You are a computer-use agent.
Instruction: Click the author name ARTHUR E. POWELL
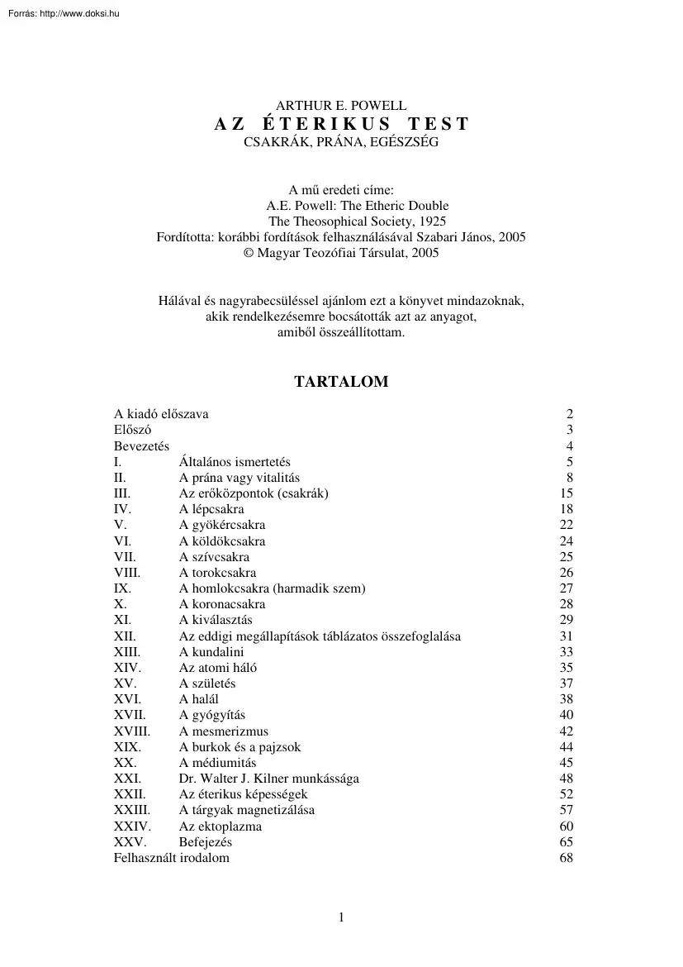tap(341, 106)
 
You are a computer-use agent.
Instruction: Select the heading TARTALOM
tap(341, 382)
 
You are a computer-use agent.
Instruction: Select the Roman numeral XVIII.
tap(132, 731)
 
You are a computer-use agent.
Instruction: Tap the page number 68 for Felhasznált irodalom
tap(566, 858)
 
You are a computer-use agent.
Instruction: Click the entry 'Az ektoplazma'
tap(221, 826)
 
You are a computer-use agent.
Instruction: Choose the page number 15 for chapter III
tap(566, 493)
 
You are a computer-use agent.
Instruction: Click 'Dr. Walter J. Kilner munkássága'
tap(268, 779)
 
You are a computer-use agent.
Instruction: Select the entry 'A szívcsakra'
tap(214, 557)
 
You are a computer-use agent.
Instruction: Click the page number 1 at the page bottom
tap(340, 917)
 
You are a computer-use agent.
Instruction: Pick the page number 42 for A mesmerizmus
tap(566, 731)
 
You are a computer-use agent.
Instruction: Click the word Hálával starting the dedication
tap(181, 301)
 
